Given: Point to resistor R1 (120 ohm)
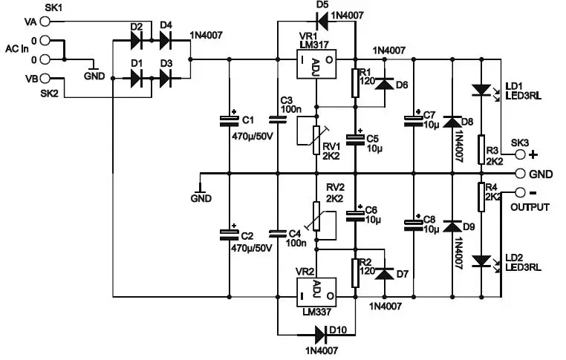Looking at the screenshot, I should coord(355,82).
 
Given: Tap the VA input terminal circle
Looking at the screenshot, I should coord(45,22).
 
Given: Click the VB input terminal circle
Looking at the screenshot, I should coord(45,78).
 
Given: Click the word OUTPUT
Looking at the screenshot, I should coord(530,208).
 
